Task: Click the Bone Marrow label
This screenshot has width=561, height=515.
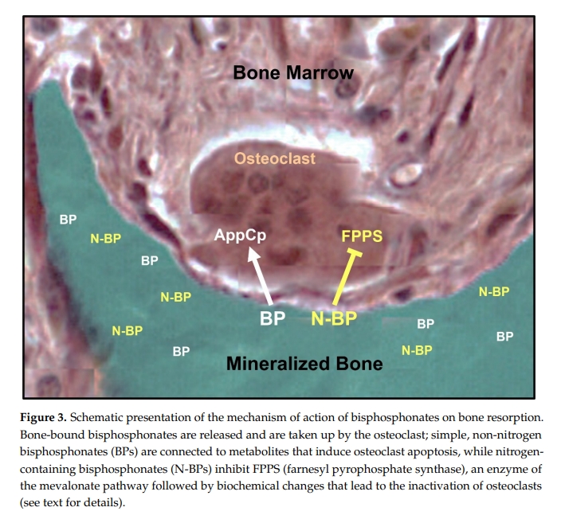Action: pos(293,72)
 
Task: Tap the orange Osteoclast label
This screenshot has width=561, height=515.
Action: pos(275,158)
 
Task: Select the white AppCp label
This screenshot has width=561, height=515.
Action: pos(240,236)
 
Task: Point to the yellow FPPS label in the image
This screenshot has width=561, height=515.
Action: pos(362,236)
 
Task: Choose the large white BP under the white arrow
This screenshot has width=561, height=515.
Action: pos(273,318)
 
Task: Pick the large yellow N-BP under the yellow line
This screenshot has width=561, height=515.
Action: pos(334,318)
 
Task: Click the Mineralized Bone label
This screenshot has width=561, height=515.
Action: pos(304,364)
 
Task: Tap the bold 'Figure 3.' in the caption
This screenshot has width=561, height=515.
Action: pos(43,417)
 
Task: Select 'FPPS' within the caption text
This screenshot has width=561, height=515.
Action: pos(266,469)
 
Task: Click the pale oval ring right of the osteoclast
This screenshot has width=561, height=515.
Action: pos(406,175)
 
